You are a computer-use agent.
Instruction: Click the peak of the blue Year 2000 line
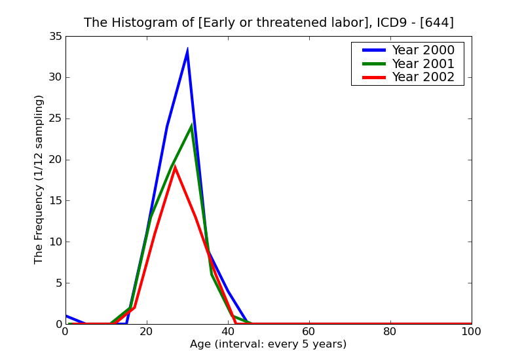tap(187, 50)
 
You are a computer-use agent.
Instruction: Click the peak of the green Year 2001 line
tap(191, 126)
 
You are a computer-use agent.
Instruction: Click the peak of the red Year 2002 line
tap(175, 166)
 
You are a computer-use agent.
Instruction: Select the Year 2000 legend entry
tap(422, 50)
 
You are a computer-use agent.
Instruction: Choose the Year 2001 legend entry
tap(422, 63)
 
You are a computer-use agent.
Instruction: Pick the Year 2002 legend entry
tap(422, 77)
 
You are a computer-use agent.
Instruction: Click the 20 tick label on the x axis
tap(147, 332)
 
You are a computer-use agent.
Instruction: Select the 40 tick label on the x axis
tap(228, 332)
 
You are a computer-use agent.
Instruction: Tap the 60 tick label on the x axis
tap(309, 332)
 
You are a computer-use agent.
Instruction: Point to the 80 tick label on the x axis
tap(390, 332)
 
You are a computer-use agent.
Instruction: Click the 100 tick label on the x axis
tap(471, 332)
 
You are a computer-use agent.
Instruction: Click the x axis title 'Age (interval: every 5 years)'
tap(269, 344)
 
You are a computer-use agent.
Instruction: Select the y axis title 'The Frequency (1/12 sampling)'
tap(39, 179)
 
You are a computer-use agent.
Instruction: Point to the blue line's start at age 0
tap(66, 315)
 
